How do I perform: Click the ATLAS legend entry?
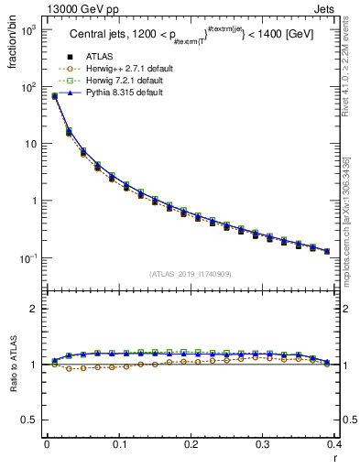pos(99,57)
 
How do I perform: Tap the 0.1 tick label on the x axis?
pos(118,444)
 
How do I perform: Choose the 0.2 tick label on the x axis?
pos(191,444)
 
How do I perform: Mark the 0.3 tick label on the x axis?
pos(263,444)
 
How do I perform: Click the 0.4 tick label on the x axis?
pos(333,444)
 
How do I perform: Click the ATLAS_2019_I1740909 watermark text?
pos(190,274)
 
